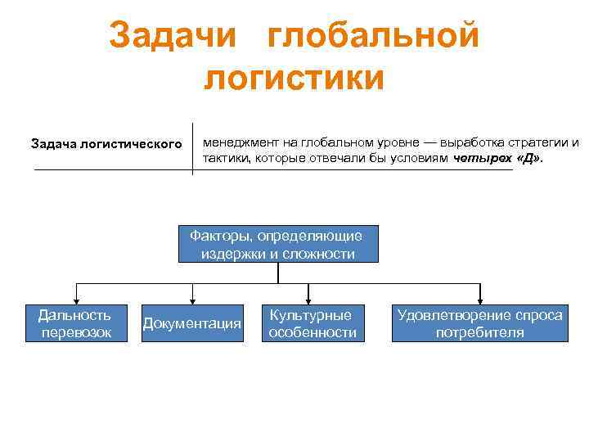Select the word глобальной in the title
pos(374,35)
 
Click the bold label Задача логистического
pos(106,144)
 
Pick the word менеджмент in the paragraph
pos(240,142)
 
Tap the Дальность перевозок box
pos(75,323)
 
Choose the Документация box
pos(192,324)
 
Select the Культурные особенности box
pos(310,323)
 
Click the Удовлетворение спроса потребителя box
pos(479,323)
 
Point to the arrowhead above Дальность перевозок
pos(75,300)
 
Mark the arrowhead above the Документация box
pos(192,300)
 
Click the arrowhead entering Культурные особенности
pos(308,300)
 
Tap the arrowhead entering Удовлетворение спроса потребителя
pos(479,300)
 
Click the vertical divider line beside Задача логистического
pos(192,148)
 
